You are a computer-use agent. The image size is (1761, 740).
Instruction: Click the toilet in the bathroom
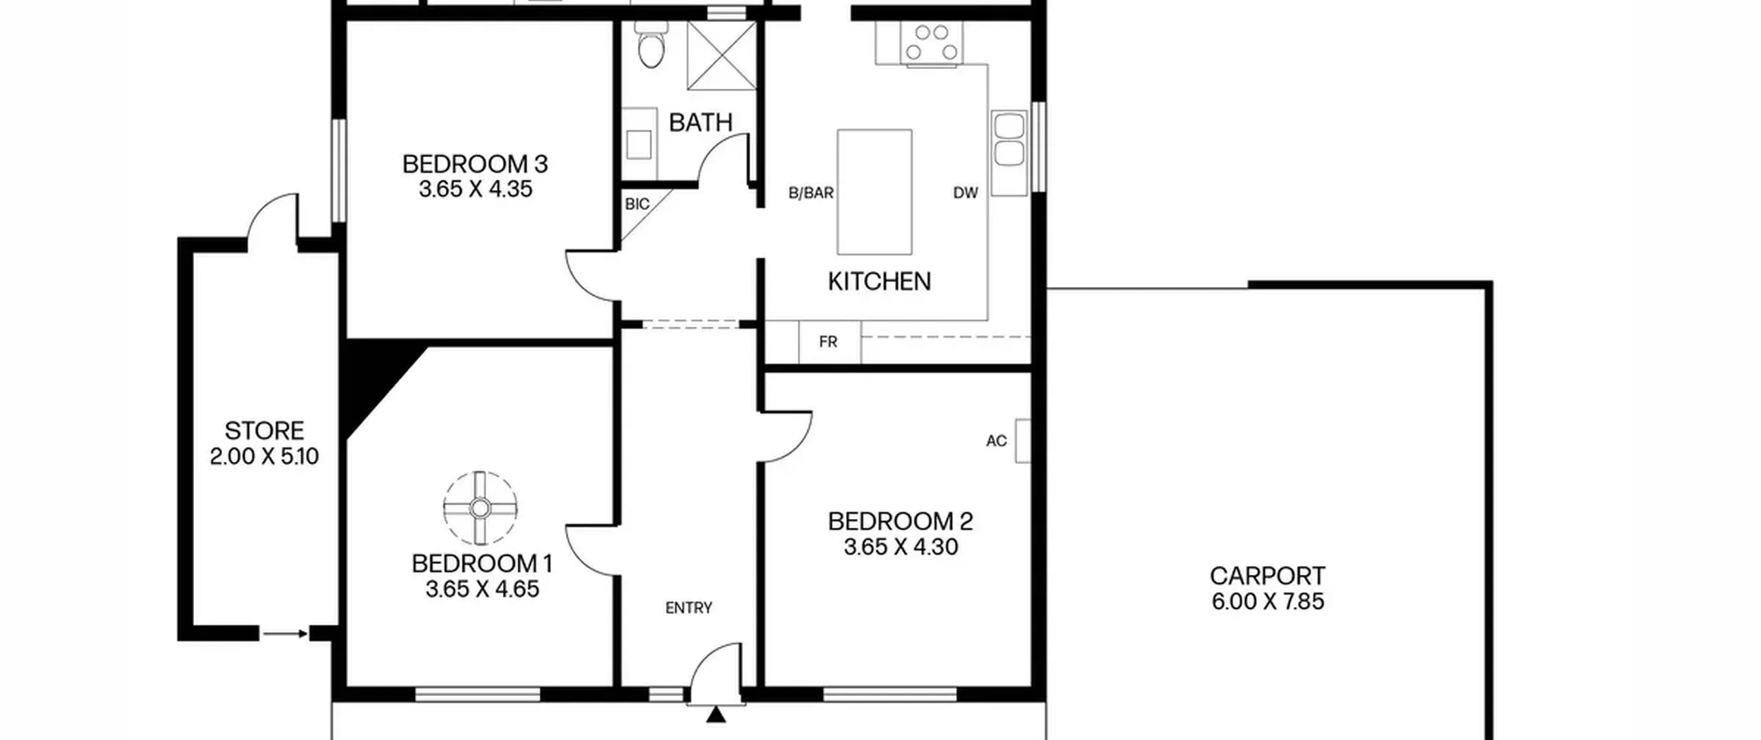pyautogui.click(x=650, y=43)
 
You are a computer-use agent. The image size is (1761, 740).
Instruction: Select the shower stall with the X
pyautogui.click(x=722, y=55)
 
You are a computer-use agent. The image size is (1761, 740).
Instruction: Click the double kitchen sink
pyautogui.click(x=1009, y=140)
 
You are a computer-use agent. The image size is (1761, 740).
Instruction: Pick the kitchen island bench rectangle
pyautogui.click(x=874, y=192)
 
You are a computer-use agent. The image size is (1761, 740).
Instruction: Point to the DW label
pyautogui.click(x=965, y=193)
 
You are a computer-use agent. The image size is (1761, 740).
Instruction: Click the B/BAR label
pyautogui.click(x=811, y=193)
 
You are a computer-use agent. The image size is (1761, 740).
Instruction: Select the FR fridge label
pyautogui.click(x=828, y=342)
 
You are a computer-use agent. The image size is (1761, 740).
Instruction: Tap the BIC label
pyautogui.click(x=637, y=204)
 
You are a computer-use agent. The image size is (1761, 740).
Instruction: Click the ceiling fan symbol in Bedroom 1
pyautogui.click(x=480, y=509)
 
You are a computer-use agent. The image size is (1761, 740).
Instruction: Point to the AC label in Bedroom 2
pyautogui.click(x=996, y=441)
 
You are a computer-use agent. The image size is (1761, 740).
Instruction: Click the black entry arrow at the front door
pyautogui.click(x=716, y=715)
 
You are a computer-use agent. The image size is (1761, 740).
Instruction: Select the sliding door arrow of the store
pyautogui.click(x=285, y=634)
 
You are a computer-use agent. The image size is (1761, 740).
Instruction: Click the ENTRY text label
pyautogui.click(x=689, y=608)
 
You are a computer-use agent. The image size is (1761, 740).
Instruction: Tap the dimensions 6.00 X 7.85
pyautogui.click(x=1268, y=602)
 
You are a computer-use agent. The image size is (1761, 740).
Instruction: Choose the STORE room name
pyautogui.click(x=264, y=431)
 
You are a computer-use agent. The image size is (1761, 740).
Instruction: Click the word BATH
pyautogui.click(x=700, y=123)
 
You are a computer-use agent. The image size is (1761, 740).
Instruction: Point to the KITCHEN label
pyautogui.click(x=879, y=282)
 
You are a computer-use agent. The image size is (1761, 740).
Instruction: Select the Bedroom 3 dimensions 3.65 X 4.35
pyautogui.click(x=475, y=189)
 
